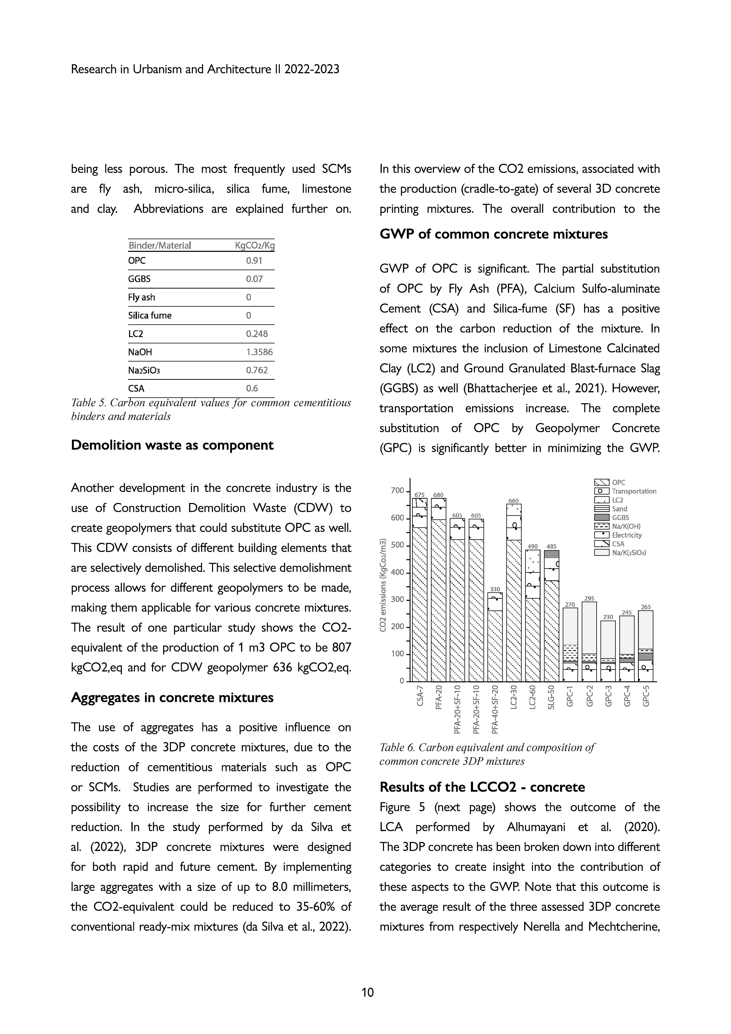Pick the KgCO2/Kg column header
point(255,245)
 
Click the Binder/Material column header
point(160,245)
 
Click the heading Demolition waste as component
point(172,445)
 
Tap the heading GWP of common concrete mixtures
point(494,234)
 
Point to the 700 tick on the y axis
point(397,490)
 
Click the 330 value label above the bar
point(495,589)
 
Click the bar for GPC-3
point(608,651)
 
